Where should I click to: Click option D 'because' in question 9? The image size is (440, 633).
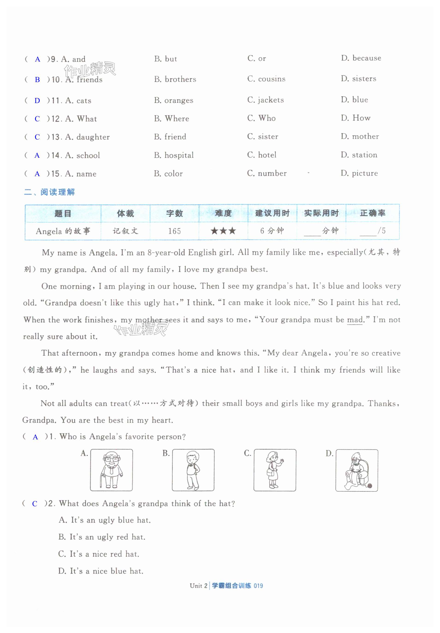[x=361, y=58]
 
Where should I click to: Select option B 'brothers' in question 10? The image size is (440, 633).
[x=175, y=79]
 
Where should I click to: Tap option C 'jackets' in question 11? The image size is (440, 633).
[x=266, y=100]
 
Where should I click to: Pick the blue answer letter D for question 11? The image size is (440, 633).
[x=37, y=101]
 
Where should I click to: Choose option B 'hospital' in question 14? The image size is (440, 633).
[x=174, y=155]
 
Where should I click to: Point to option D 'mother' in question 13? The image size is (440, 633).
[x=360, y=136]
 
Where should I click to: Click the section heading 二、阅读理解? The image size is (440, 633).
[x=50, y=192]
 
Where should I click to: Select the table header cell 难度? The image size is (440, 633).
[x=223, y=213]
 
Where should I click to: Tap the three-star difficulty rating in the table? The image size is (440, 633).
[x=223, y=231]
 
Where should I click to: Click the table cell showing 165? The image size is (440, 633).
[x=174, y=231]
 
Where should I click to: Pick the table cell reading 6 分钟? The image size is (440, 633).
[x=272, y=231]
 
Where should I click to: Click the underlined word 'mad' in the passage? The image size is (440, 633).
[x=354, y=320]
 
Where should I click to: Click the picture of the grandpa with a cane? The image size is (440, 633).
[x=111, y=470]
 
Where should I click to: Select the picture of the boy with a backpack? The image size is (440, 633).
[x=193, y=470]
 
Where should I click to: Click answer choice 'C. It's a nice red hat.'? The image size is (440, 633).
[x=99, y=554]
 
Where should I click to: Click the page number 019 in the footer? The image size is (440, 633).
[x=258, y=586]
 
